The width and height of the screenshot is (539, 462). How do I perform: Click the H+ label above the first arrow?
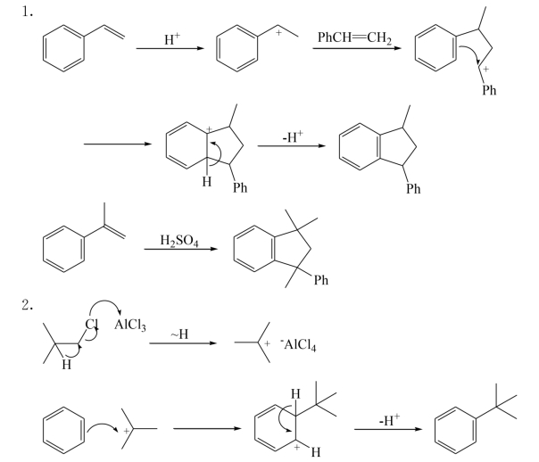[172, 39]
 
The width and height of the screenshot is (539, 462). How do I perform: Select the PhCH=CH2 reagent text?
[354, 37]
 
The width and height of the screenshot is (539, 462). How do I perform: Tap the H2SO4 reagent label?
[179, 240]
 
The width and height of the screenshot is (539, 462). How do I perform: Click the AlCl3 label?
[130, 325]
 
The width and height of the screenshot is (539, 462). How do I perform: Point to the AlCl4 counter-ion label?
[298, 344]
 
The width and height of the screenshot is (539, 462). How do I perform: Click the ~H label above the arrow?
[179, 334]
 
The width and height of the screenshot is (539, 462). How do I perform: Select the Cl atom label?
[91, 324]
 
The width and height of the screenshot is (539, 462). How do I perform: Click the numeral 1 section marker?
[27, 12]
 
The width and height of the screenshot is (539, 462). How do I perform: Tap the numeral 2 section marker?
[27, 305]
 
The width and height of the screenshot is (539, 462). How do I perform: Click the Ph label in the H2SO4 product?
[320, 280]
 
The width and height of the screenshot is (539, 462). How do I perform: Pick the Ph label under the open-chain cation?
[489, 90]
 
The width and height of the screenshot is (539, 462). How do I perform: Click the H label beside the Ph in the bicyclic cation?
[207, 181]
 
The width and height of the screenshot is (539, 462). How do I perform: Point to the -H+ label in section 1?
[293, 136]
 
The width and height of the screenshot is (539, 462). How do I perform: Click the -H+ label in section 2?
[389, 420]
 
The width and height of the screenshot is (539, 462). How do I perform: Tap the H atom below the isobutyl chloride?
[67, 364]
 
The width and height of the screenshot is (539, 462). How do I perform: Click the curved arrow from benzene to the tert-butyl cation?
[103, 425]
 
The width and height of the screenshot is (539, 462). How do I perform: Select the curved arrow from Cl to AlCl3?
[105, 301]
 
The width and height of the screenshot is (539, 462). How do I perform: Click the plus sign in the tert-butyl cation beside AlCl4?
[267, 343]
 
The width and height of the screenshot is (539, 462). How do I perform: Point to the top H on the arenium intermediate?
[295, 394]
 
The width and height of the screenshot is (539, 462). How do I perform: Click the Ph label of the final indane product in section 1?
[413, 188]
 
